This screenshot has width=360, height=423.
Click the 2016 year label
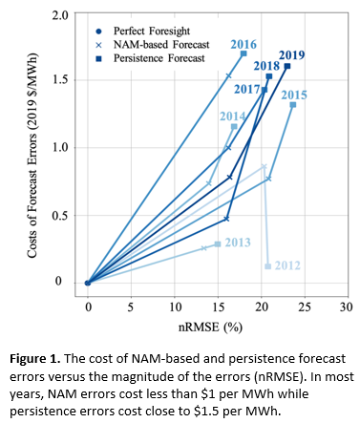tap(244, 43)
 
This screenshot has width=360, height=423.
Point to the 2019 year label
tap(291, 54)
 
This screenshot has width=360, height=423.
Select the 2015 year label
tap(294, 95)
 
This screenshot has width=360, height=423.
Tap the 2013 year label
tap(238, 243)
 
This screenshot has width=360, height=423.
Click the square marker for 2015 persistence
tap(292, 105)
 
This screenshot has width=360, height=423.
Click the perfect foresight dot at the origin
tap(88, 282)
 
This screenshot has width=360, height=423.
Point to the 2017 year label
tap(246, 89)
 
